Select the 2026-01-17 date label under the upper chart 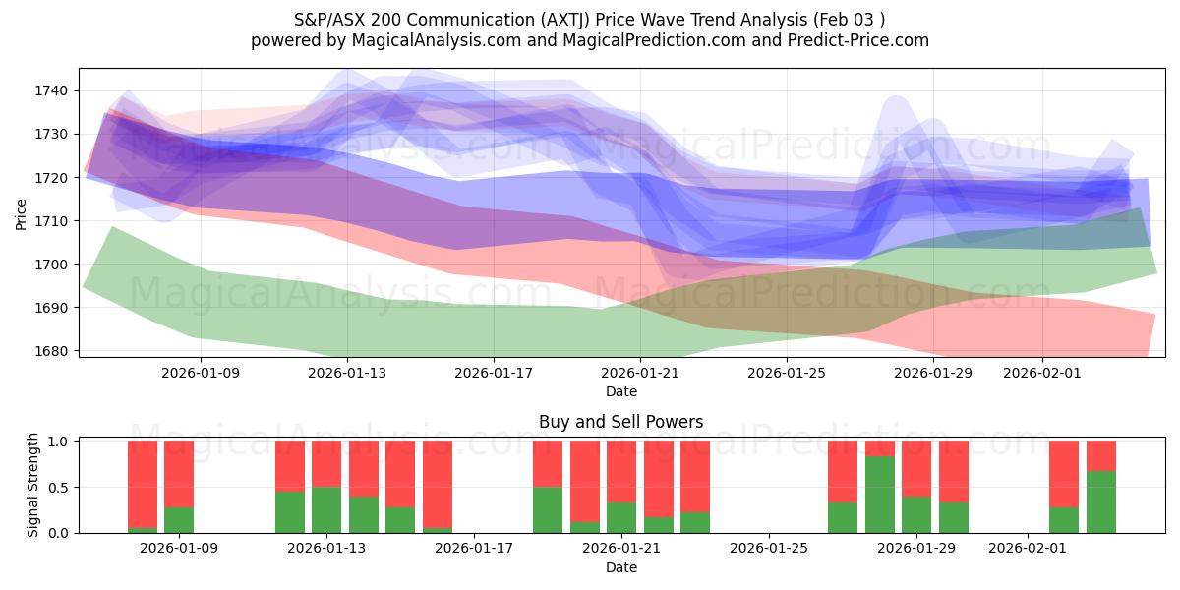coord(493,374)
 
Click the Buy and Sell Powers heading coord(620,422)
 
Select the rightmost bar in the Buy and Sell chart coord(1101,487)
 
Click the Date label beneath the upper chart coord(620,391)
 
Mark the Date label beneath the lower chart coord(620,567)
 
